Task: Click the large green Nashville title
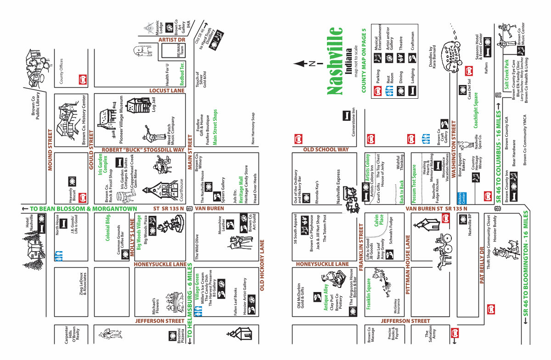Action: [x=336, y=61]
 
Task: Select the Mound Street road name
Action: [x=51, y=150]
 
